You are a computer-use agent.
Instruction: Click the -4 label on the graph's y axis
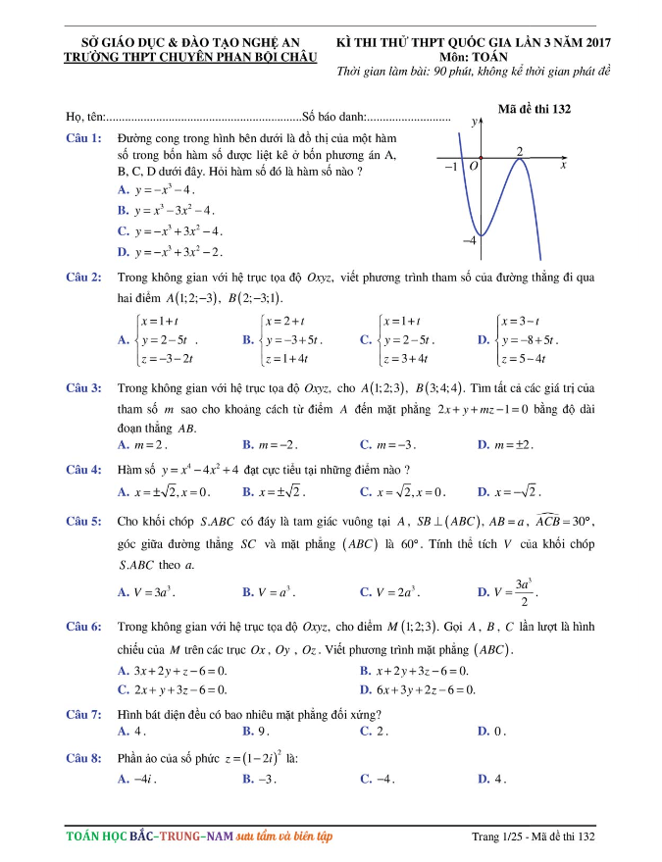[469, 239]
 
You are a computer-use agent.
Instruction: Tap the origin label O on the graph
[473, 168]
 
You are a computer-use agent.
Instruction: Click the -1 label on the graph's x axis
[450, 168]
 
